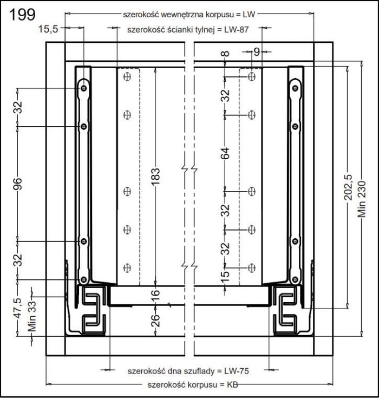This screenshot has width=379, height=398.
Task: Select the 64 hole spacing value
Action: point(225,153)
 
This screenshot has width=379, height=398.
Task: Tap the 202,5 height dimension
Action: point(349,187)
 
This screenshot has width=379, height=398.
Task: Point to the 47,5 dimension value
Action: point(18,308)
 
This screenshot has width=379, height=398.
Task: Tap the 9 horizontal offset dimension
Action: point(257,52)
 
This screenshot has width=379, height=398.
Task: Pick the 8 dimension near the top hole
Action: point(225,54)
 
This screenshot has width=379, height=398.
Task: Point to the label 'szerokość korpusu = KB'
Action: point(187,384)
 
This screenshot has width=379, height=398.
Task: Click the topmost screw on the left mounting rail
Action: point(84,86)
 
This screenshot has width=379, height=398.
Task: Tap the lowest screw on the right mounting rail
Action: point(295,279)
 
